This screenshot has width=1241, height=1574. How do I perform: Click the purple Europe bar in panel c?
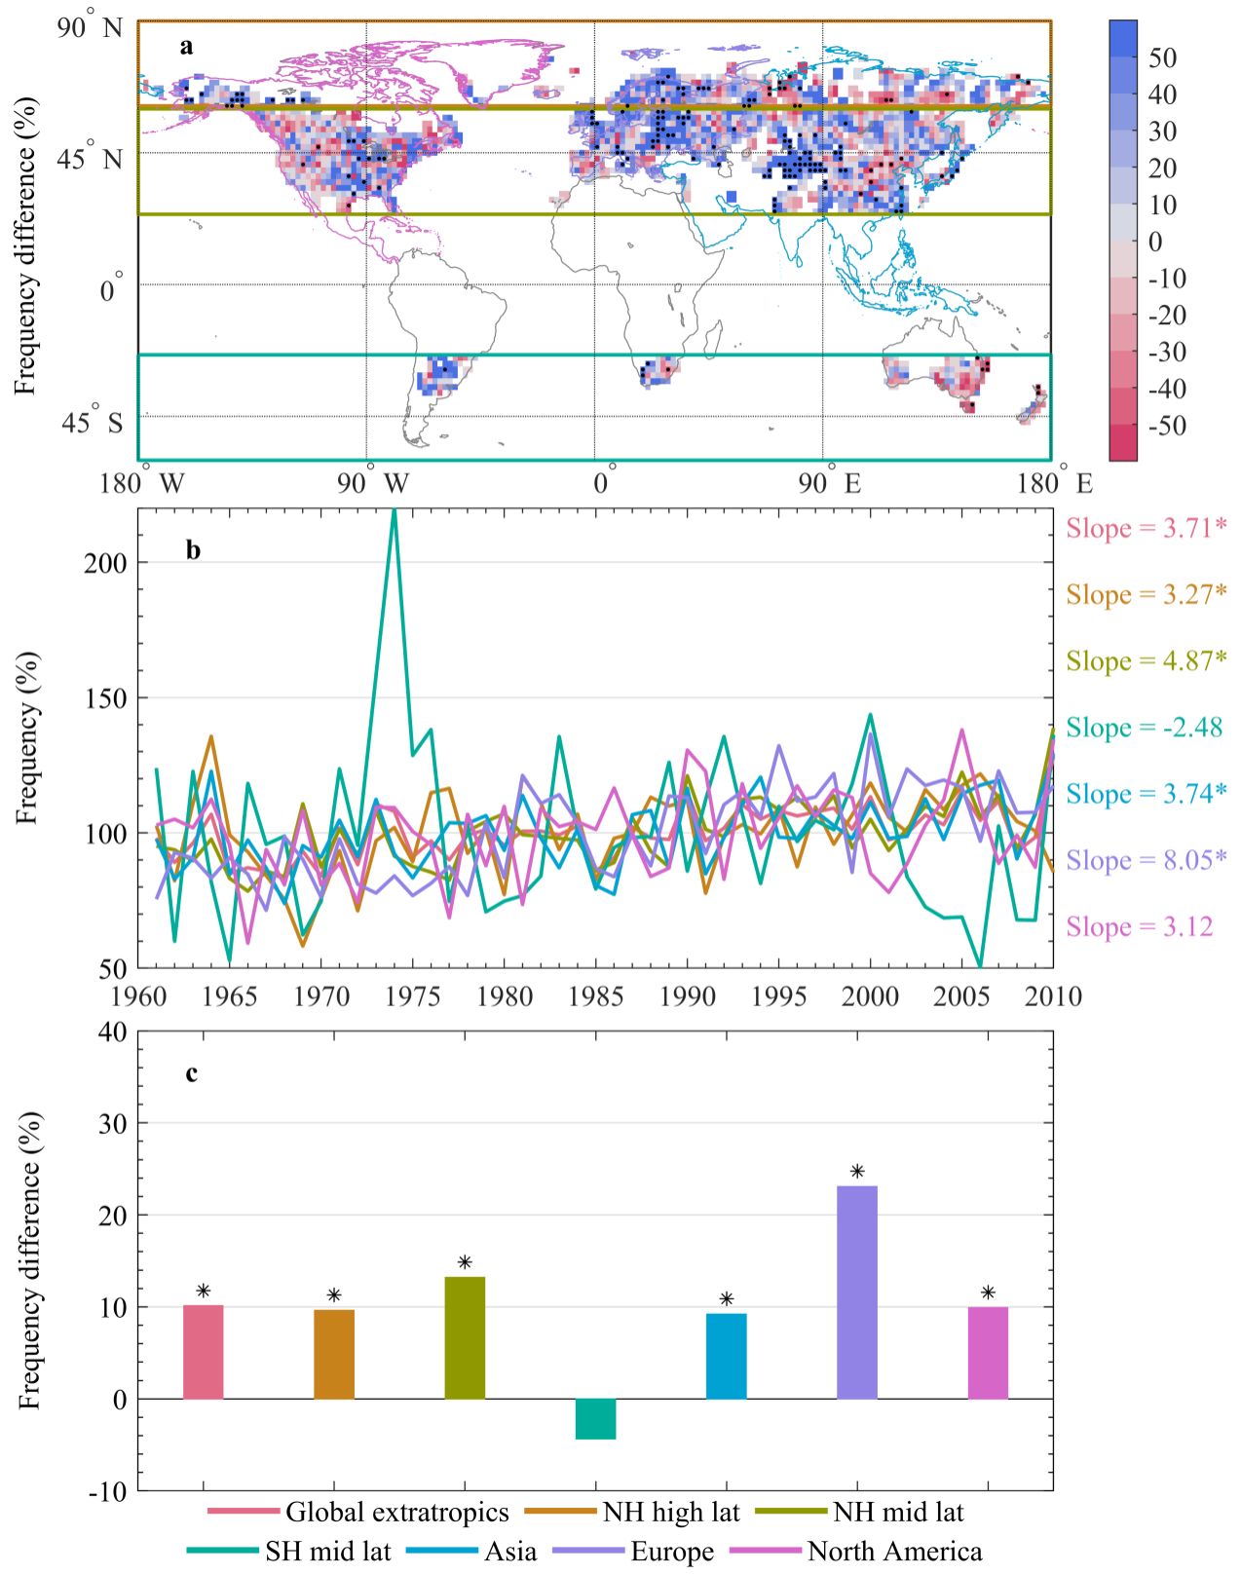click(857, 1292)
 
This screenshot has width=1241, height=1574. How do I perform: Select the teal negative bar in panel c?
click(595, 1418)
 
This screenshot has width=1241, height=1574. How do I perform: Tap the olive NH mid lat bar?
click(465, 1337)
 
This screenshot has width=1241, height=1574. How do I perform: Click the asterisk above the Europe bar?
click(857, 1172)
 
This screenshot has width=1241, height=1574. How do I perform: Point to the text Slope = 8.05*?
click(1146, 860)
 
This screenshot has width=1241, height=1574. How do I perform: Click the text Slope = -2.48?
click(1144, 728)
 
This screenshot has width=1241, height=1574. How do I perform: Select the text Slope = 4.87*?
click(1146, 661)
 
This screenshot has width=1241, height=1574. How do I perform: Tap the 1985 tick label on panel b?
click(596, 996)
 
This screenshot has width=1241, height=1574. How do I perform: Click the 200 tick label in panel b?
click(105, 563)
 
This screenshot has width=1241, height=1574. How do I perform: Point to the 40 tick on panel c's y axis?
click(113, 1031)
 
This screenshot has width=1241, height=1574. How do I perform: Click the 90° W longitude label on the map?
click(372, 483)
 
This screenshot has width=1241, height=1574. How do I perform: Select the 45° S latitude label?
click(92, 421)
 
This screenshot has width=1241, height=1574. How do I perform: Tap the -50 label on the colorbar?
click(1167, 426)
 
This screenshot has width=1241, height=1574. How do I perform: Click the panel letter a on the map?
click(186, 46)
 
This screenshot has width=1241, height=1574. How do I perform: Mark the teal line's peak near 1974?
click(395, 510)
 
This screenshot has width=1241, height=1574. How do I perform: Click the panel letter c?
click(192, 1073)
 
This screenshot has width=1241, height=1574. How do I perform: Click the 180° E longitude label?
click(1054, 483)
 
